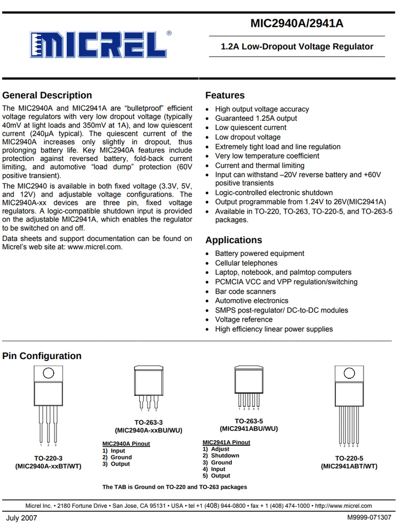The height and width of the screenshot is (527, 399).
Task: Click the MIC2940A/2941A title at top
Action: click(297, 24)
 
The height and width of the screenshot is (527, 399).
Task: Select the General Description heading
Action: click(47, 95)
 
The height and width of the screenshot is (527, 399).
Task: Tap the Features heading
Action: click(225, 95)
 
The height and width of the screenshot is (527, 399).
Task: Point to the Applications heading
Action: click(233, 240)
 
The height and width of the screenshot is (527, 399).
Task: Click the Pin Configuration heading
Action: click(42, 356)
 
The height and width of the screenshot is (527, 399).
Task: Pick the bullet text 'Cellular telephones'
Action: click(246, 263)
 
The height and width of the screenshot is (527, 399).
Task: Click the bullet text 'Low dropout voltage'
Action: click(248, 137)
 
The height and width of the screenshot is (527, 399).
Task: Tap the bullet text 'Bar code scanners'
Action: click(245, 291)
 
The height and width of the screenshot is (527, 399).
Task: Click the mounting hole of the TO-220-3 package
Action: click(48, 373)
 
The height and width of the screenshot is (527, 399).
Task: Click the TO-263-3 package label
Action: click(149, 422)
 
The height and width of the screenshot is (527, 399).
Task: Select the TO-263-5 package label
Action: click(249, 421)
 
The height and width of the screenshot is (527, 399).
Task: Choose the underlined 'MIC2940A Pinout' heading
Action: click(126, 444)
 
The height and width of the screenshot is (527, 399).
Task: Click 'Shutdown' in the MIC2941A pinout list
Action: click(225, 456)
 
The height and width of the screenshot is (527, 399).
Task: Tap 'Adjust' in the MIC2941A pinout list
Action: click(220, 449)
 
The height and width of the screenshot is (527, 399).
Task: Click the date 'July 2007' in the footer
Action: click(22, 518)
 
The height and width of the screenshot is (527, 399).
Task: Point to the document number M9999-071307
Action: click(369, 518)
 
